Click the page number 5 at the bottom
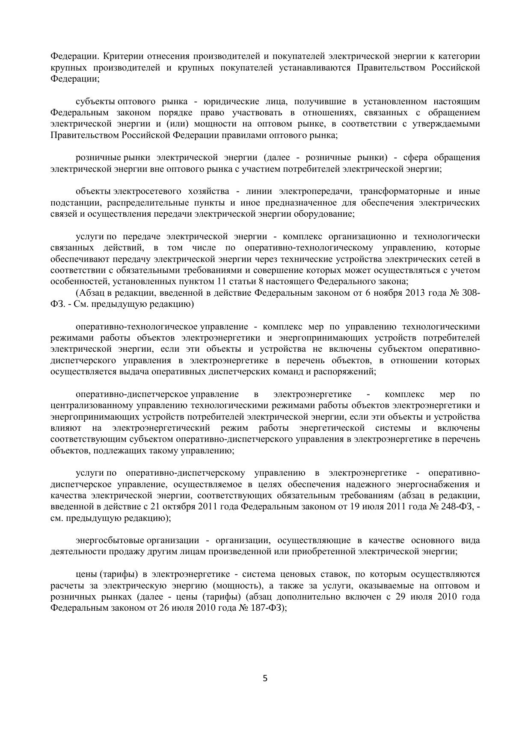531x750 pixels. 265,678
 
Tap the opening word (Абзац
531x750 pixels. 90,293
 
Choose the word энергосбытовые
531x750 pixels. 110,541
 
